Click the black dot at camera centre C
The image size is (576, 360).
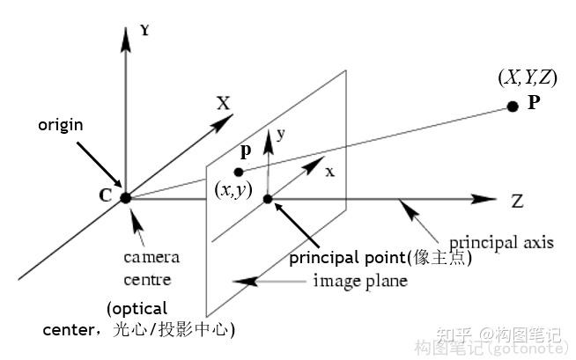(125, 197)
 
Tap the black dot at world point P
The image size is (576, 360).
(513, 107)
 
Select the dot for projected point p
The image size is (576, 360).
(239, 172)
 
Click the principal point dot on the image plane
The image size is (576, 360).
(269, 199)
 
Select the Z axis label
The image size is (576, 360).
(517, 201)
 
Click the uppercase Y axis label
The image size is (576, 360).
(144, 30)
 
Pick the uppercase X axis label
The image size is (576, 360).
(224, 104)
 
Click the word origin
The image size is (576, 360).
(61, 125)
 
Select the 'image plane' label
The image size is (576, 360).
(360, 282)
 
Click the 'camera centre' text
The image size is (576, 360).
(151, 268)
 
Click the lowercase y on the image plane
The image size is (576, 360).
(282, 135)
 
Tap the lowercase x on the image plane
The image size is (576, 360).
(329, 172)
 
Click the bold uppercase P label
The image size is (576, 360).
(534, 102)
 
